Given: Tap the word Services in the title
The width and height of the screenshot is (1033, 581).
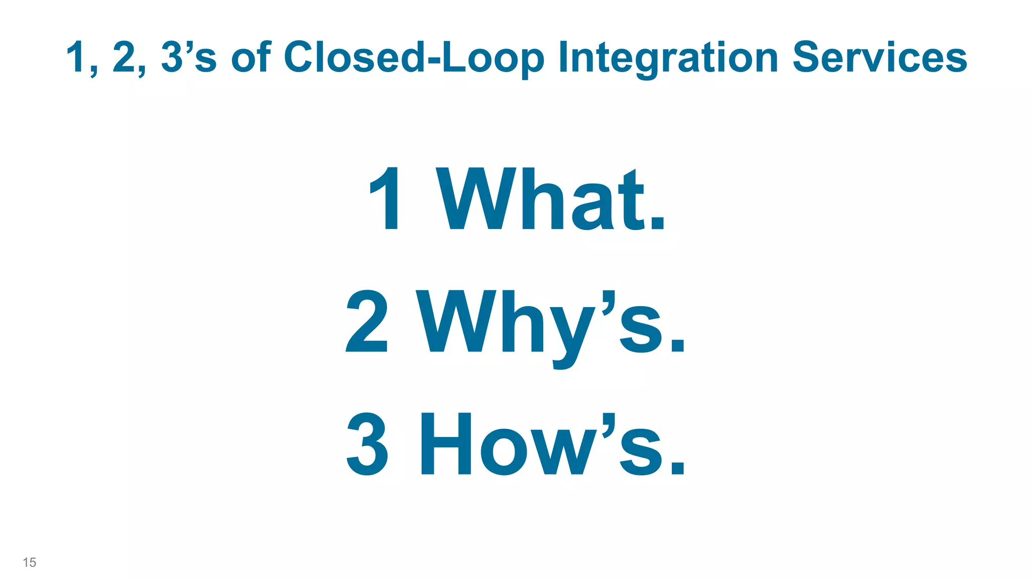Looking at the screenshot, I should click(879, 57).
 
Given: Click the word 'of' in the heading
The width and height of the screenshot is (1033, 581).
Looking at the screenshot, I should click(251, 57).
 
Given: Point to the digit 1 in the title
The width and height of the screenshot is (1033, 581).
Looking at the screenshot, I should click(76, 57).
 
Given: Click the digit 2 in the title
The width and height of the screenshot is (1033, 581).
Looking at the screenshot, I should click(124, 57).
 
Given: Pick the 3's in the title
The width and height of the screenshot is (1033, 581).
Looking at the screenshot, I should click(189, 57).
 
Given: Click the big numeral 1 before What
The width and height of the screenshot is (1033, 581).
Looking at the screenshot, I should click(386, 199).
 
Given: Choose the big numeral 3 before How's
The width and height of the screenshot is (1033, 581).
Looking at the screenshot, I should click(367, 444).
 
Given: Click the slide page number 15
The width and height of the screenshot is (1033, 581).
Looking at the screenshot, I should click(29, 562).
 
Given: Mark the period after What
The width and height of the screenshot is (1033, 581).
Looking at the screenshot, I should click(657, 222).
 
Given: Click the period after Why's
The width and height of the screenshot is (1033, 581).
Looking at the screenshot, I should click(677, 345).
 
